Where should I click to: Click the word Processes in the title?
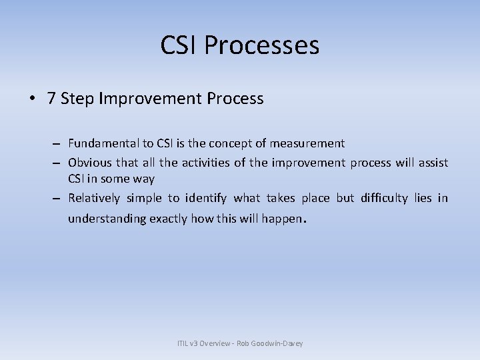point(262,46)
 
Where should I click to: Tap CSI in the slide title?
point(179,46)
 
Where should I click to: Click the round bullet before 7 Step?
point(33,99)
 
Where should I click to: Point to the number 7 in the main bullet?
point(51,99)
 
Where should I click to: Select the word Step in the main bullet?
point(75,99)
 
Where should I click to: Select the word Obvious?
point(90,162)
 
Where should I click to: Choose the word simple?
point(144,198)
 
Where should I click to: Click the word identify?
point(206,198)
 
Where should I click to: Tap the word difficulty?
point(384,198)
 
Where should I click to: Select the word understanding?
point(106,219)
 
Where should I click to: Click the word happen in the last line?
point(282,219)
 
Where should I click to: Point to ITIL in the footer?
point(183,343)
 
